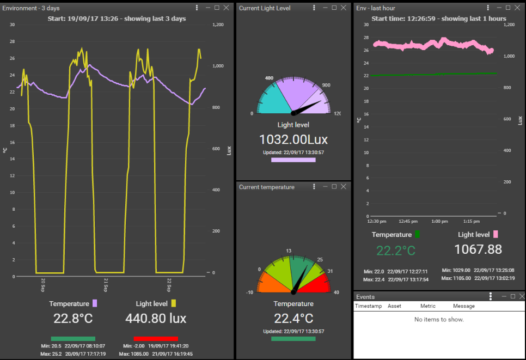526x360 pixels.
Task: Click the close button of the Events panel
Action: coord(521,296)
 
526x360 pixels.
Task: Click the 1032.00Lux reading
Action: coord(293,138)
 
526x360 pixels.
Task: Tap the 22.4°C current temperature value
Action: coord(293,318)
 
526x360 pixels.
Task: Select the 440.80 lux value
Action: coord(156,318)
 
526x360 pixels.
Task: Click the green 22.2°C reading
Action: coord(395,251)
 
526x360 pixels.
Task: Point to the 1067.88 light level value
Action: coord(478,249)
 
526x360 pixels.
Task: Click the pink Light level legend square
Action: coord(496,234)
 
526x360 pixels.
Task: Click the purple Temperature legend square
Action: coord(94,303)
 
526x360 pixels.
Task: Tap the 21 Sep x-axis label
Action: coord(106,284)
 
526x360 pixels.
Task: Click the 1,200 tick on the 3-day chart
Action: coord(218,25)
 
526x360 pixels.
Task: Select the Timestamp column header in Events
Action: coord(367,306)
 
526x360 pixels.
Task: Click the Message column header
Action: coord(463,306)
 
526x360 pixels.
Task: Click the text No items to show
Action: coord(439,319)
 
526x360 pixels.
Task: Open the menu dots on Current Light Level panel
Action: coord(314,8)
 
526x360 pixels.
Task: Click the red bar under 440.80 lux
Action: coord(156,338)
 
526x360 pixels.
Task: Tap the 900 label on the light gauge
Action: coord(326,85)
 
